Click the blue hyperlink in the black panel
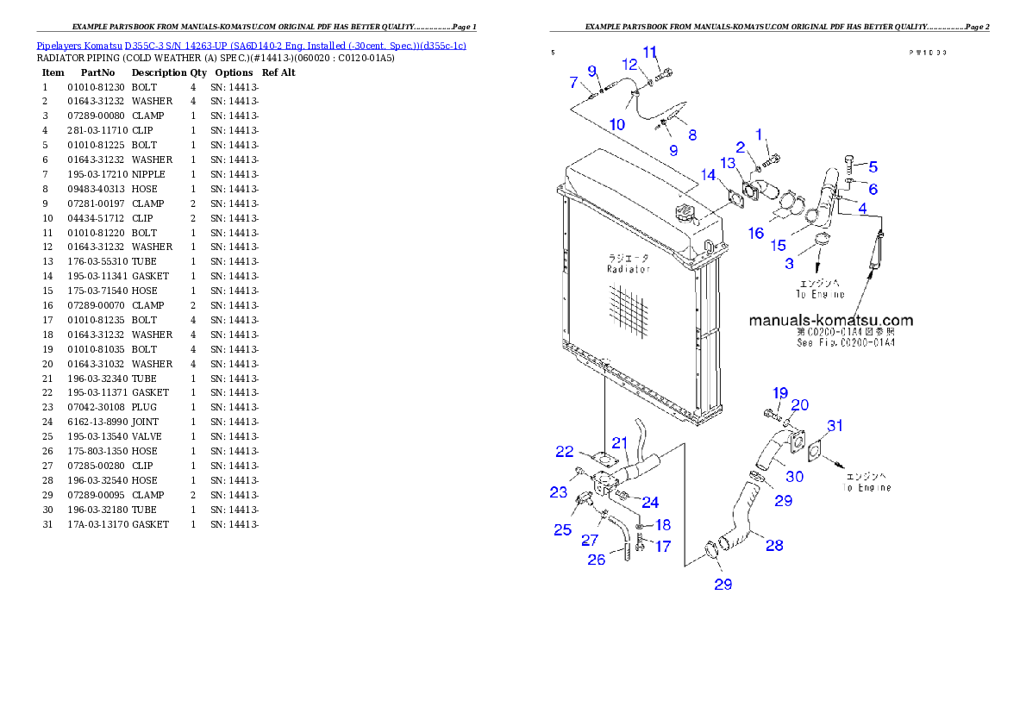click(251, 46)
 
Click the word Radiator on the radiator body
click(628, 269)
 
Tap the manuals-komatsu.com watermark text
click(830, 320)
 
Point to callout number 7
click(573, 83)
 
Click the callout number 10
click(617, 124)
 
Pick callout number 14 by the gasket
click(708, 174)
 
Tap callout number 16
click(756, 233)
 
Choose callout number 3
click(789, 264)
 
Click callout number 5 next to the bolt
click(873, 166)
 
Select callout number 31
click(835, 425)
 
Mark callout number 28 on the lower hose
click(774, 545)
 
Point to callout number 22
click(565, 451)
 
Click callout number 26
click(597, 560)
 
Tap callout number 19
click(779, 393)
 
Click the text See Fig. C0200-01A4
click(845, 342)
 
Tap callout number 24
click(650, 502)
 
